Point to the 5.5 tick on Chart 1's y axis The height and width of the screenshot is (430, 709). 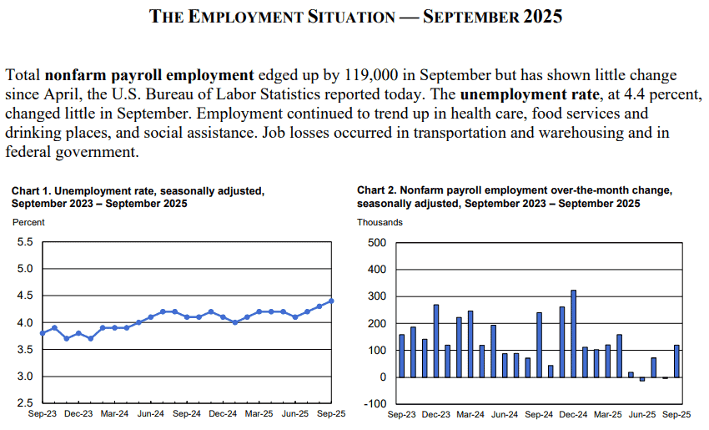click(x=25, y=242)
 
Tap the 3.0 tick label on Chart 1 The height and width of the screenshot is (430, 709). click(x=25, y=377)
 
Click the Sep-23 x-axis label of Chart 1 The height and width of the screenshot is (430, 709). click(x=43, y=413)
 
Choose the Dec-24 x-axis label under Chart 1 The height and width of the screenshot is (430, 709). click(x=224, y=413)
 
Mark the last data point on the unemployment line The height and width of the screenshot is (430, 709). click(x=331, y=301)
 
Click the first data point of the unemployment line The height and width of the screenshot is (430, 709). click(x=43, y=333)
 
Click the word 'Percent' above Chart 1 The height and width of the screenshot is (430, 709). click(x=28, y=222)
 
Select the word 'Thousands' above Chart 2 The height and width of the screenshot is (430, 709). click(x=380, y=222)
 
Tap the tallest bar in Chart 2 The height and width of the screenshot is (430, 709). click(x=573, y=333)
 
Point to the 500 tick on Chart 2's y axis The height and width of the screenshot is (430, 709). click(x=376, y=243)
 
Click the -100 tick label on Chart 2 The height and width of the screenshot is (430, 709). click(x=375, y=404)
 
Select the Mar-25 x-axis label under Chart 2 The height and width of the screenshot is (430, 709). click(x=607, y=413)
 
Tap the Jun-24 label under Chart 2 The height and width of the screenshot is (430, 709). click(x=505, y=413)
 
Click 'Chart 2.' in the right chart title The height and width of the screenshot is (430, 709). click(x=377, y=190)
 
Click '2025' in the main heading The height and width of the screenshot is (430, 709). click(x=542, y=16)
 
